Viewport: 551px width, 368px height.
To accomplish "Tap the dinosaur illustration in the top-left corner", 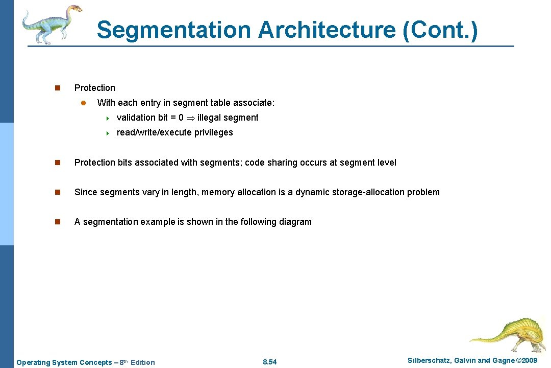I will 52,24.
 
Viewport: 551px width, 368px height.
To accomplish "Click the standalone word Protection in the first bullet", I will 95,88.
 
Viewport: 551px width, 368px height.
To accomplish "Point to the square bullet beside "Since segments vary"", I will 58,192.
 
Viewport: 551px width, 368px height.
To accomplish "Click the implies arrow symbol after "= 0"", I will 190,118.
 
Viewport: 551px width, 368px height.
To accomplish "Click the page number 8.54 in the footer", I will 269,362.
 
